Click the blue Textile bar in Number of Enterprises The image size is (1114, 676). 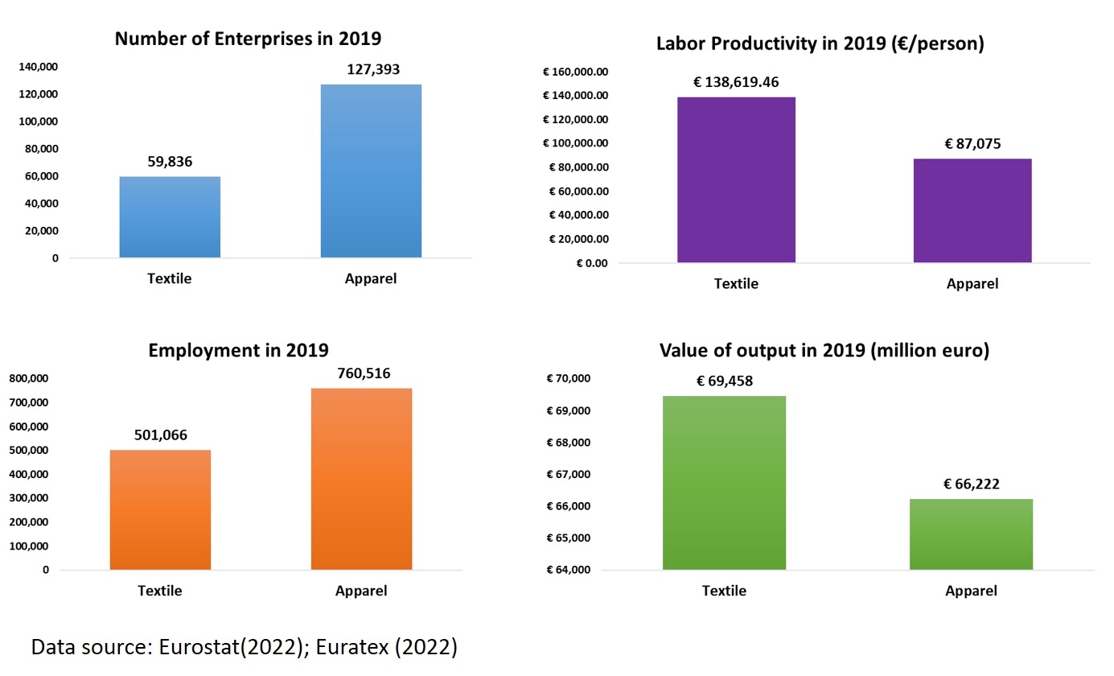170,217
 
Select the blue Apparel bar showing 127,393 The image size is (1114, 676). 371,171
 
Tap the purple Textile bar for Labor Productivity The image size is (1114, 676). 736,180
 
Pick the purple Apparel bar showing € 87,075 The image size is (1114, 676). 972,211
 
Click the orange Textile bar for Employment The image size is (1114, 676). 159,510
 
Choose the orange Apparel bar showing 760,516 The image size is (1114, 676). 361,480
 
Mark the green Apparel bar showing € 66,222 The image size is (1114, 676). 971,534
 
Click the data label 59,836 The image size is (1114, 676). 170,161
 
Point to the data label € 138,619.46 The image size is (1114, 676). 736,82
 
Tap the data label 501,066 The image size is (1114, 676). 159,435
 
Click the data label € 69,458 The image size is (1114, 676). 724,381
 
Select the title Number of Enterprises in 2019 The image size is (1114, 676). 248,39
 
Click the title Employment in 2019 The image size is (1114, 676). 238,350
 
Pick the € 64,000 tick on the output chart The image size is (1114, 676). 569,571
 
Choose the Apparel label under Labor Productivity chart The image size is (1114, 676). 972,283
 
